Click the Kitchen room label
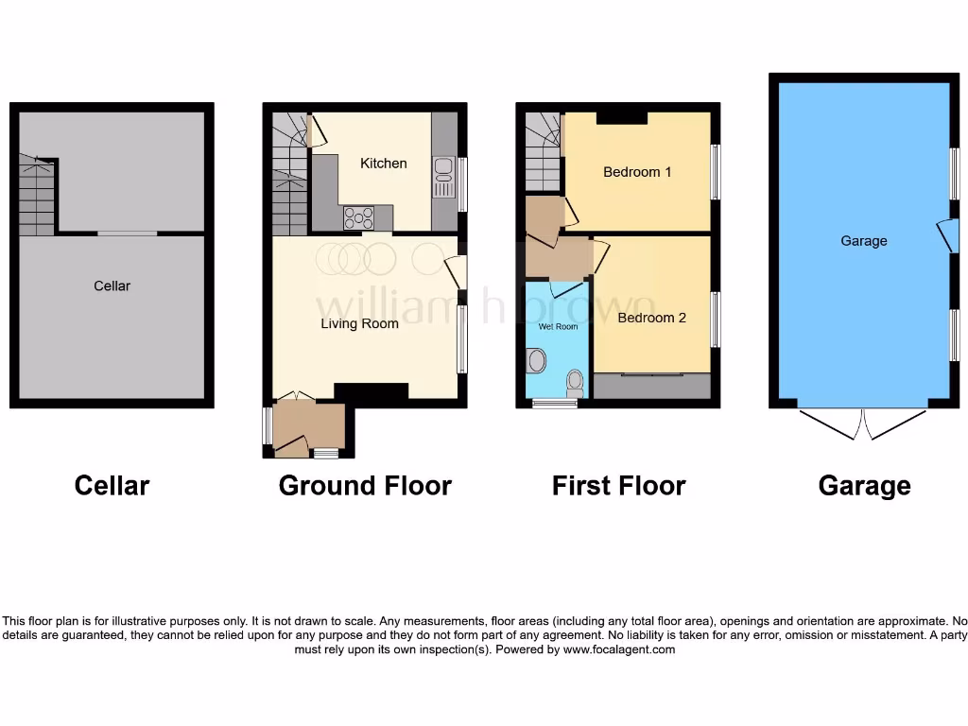pyautogui.click(x=384, y=164)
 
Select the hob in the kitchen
pyautogui.click(x=358, y=218)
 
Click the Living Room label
pyautogui.click(x=359, y=323)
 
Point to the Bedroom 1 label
pyautogui.click(x=637, y=172)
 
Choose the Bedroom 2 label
pyautogui.click(x=651, y=318)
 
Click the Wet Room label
pyautogui.click(x=558, y=327)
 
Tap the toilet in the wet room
pyautogui.click(x=573, y=383)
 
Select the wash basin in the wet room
pyautogui.click(x=536, y=360)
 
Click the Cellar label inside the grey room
pyautogui.click(x=112, y=285)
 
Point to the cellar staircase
pyautogui.click(x=36, y=198)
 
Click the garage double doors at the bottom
pyautogui.click(x=863, y=424)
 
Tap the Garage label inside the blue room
pyautogui.click(x=864, y=241)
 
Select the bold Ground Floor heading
pyautogui.click(x=365, y=486)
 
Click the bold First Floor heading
pyautogui.click(x=618, y=486)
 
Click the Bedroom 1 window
pyautogui.click(x=716, y=172)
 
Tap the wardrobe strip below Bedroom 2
pyautogui.click(x=652, y=386)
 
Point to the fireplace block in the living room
pyautogui.click(x=371, y=391)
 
